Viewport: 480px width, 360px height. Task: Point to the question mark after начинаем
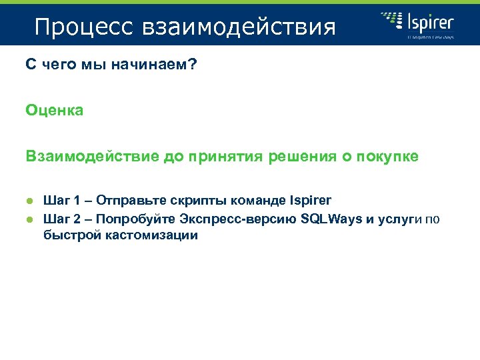193,65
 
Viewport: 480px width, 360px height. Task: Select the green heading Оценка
55,111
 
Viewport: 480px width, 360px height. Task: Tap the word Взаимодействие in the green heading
91,156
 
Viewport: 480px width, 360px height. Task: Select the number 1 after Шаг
79,200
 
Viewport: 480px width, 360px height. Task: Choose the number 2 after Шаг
79,218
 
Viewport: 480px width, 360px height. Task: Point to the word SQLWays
332,218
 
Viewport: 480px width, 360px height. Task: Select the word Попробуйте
139,218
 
